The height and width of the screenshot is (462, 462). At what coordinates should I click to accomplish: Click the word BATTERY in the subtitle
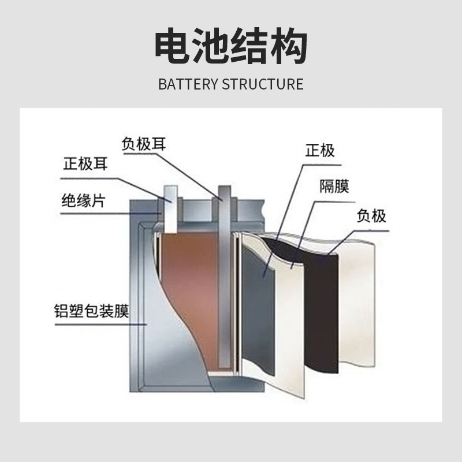(188, 84)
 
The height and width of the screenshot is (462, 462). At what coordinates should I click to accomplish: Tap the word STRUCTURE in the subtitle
(262, 84)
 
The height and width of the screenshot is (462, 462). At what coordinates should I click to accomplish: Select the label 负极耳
(144, 144)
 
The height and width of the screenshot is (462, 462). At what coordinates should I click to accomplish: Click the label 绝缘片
(83, 200)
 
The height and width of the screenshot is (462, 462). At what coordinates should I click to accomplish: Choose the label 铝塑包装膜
(91, 312)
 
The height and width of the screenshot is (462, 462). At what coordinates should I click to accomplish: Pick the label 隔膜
(334, 187)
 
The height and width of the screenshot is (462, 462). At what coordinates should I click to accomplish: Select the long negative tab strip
(224, 277)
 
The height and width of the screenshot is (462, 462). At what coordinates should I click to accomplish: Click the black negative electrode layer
(321, 312)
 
